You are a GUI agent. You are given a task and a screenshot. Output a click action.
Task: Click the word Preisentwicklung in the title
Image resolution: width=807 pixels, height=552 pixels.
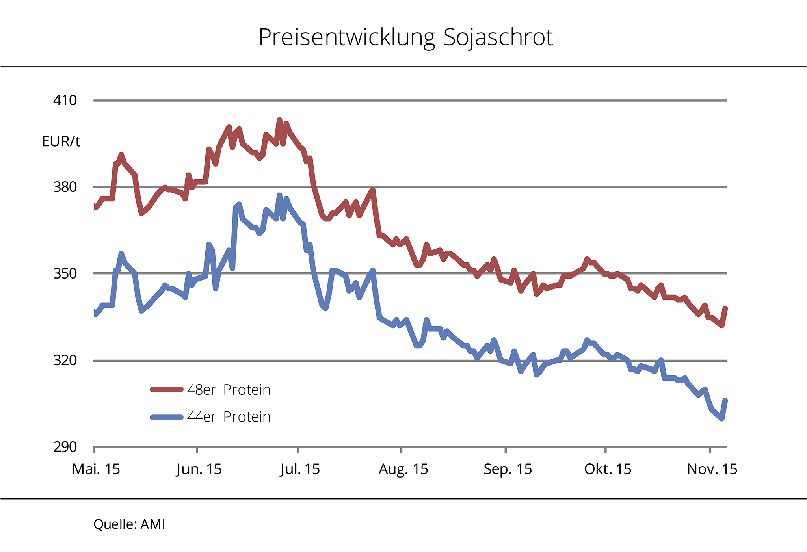point(347,38)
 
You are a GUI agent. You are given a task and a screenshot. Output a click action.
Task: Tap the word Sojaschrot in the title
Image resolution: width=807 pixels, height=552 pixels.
point(498,38)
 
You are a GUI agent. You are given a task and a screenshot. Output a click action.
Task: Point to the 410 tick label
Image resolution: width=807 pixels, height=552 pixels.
point(65,100)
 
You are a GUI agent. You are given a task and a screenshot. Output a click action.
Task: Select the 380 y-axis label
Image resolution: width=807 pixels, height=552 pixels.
point(65,187)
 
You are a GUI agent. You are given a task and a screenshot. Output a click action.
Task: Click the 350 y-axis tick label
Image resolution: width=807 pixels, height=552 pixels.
point(65,273)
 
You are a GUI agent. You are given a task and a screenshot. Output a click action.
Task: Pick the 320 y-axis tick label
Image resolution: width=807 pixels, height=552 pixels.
point(65,360)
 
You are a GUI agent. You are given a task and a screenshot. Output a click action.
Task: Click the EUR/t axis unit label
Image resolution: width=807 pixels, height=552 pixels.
point(61,141)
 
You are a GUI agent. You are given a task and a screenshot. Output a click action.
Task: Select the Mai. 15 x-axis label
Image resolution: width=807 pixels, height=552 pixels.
point(96,469)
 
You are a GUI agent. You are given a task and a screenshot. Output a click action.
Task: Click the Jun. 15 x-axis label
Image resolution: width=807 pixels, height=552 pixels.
point(199,469)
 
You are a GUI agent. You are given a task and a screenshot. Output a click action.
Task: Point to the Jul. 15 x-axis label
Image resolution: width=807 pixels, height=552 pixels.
point(300,469)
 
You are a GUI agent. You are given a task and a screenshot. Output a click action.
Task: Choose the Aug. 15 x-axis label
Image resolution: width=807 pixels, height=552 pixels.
point(403,469)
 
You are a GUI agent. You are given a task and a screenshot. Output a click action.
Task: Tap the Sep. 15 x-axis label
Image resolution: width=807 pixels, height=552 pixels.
point(508,469)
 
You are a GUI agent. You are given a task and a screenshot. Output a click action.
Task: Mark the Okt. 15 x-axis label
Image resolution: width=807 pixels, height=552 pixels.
point(608,469)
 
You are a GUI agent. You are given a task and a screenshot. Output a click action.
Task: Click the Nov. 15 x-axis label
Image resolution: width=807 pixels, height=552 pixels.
point(712,469)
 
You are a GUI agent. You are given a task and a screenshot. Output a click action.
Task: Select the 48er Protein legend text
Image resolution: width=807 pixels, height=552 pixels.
point(229,390)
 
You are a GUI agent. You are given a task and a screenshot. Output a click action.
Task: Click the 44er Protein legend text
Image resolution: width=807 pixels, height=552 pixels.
point(229,417)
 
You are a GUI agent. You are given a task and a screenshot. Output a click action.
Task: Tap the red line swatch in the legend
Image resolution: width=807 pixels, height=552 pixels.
point(167,390)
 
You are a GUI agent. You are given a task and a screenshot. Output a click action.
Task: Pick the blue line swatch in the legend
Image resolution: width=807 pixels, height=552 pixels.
point(167,417)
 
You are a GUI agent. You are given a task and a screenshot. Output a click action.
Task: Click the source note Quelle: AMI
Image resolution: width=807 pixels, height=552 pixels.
point(129,524)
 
